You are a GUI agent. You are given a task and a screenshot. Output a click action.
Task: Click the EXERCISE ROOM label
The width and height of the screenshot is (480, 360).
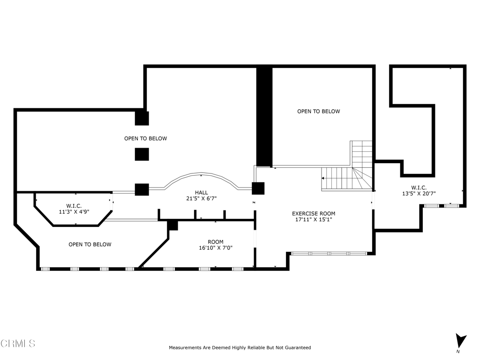coord(314,214)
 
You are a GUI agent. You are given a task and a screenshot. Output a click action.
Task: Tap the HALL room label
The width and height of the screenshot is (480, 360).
coord(202,193)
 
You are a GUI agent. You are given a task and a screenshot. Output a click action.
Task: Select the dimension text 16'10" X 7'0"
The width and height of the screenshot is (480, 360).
coord(216,248)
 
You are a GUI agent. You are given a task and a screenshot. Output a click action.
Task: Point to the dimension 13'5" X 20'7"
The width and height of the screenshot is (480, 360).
coord(419,194)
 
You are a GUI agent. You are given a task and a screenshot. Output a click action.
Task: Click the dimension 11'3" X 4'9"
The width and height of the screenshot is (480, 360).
coord(74,211)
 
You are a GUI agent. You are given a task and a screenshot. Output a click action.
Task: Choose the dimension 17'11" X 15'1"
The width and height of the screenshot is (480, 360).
coord(314,219)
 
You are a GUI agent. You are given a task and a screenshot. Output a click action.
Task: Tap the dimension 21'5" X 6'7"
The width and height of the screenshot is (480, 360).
coord(202,198)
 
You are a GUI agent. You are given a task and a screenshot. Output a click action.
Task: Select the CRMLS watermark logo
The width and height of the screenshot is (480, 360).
coord(18,344)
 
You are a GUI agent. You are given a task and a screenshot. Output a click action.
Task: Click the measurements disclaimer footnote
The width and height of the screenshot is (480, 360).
coord(240,347)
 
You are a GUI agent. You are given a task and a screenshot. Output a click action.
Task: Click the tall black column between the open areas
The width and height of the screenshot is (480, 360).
coord(264,117)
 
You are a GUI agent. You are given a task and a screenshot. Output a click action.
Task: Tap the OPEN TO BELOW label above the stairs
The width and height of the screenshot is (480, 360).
coord(319,112)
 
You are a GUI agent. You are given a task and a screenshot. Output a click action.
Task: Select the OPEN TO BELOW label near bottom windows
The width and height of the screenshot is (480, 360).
coord(90,244)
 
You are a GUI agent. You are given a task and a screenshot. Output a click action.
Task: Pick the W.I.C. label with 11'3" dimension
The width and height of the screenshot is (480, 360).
coord(74,206)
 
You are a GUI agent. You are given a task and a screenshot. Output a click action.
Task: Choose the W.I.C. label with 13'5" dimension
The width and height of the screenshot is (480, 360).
coord(419,187)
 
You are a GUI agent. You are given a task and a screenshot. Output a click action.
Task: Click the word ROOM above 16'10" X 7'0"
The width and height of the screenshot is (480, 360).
coord(216,242)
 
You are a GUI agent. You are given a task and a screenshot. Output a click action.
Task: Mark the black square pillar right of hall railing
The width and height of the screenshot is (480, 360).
coord(258,188)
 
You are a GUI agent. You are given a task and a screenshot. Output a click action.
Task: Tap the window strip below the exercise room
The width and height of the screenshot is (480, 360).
coord(329,254)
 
